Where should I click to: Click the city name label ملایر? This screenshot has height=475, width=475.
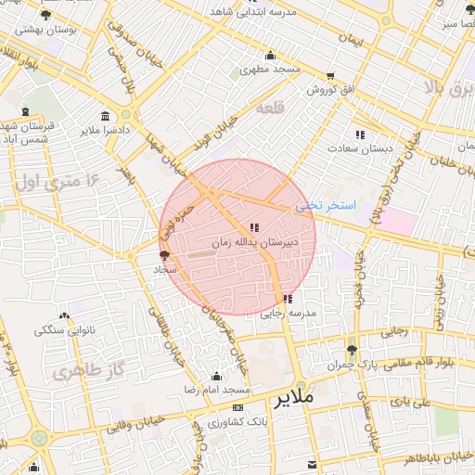tap(295, 396)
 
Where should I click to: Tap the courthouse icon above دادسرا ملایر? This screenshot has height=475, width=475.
tap(104, 116)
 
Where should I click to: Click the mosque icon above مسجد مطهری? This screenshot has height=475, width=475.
tap(270, 55)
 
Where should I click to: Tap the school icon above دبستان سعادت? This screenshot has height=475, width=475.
tap(360, 135)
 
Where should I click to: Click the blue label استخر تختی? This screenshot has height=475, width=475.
tap(318, 205)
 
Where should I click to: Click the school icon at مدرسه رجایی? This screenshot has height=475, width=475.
tap(289, 299)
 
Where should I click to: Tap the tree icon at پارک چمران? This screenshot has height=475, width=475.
tap(351, 350)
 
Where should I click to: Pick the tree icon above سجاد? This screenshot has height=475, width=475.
tap(164, 255)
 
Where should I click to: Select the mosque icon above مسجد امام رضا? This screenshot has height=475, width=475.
tap(216, 376)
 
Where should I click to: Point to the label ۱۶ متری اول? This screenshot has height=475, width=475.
tap(53, 182)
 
